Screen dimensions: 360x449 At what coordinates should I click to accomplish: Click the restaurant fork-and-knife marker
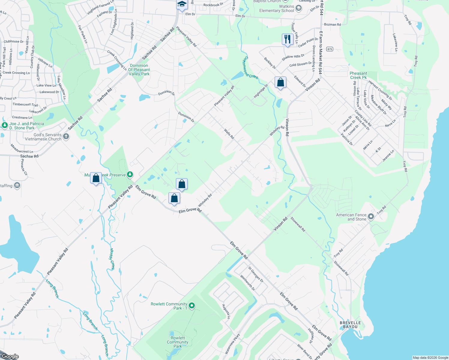pos(288,39)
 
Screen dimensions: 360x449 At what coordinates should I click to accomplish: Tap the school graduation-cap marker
pos(182,4)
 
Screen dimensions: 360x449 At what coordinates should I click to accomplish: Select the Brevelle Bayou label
pos(350,325)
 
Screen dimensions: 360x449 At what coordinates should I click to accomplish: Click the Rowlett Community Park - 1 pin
pos(192,306)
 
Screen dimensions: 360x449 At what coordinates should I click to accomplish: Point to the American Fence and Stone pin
pos(371,217)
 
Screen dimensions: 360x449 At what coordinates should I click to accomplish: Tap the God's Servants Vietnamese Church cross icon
pos(66,137)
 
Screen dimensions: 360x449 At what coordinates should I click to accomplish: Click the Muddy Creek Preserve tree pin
pos(130,174)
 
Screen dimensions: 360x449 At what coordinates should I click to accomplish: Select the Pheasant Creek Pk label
pos(358,75)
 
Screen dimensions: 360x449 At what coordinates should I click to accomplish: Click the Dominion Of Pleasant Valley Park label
pos(139,70)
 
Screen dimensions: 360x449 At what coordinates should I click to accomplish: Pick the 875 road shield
pos(330,49)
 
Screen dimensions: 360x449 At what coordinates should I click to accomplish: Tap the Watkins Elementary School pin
pos(298,8)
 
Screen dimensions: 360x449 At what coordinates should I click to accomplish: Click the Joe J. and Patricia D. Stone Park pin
pos(5,125)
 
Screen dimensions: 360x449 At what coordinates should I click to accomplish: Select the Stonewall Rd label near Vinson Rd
pos(298,224)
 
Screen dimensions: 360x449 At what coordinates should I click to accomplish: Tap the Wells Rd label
pos(229,133)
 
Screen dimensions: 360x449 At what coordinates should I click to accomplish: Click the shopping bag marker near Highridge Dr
pos(280,82)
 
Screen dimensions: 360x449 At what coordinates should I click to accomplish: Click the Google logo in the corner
pos(10,356)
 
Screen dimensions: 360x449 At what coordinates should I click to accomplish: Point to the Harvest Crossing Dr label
pos(380,90)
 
